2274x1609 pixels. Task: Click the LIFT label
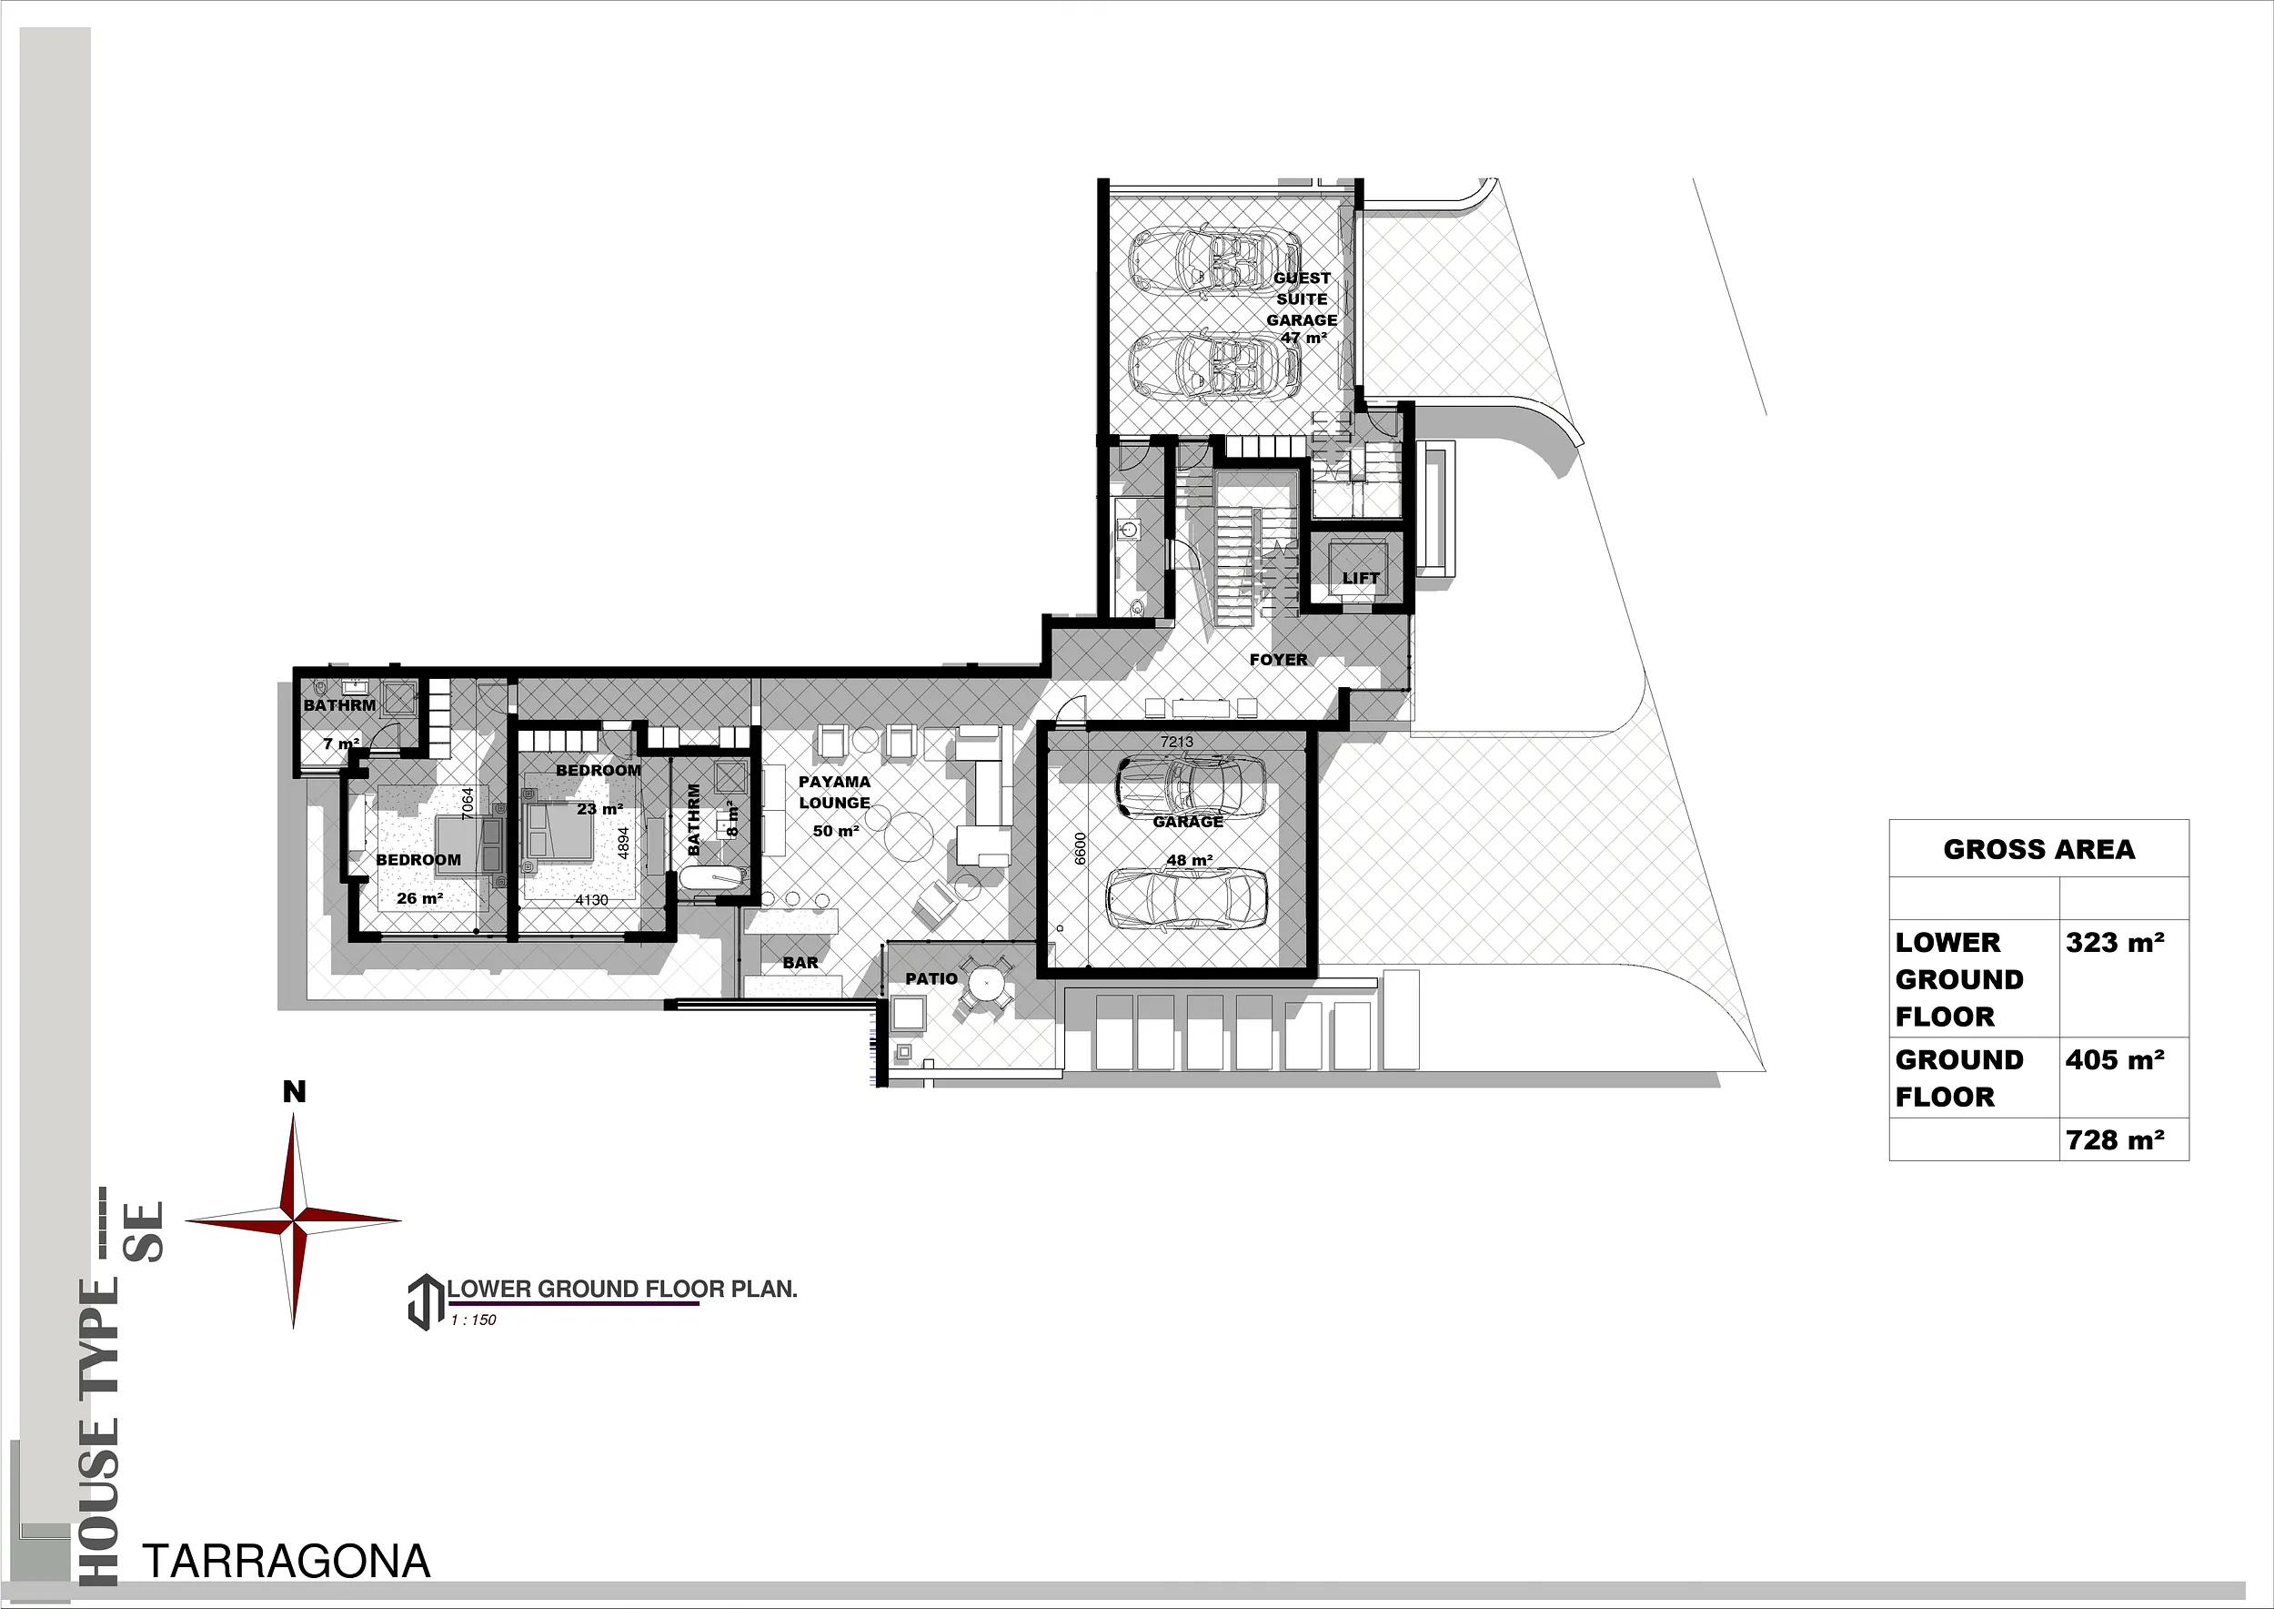pos(1361,578)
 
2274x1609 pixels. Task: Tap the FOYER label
pos(1279,659)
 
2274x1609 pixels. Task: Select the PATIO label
pos(931,978)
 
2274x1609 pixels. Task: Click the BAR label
pos(800,962)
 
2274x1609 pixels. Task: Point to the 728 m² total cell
pos(2115,1140)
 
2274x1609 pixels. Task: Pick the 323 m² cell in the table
pos(2115,942)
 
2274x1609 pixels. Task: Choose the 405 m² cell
pos(2115,1060)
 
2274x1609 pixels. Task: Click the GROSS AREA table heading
pos(2039,849)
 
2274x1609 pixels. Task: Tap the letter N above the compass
pos(294,1092)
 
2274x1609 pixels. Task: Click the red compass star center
pos(294,1221)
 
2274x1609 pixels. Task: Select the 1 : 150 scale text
pos(473,1320)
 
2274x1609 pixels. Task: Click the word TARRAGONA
pos(287,1562)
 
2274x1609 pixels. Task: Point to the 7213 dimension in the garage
pos(1177,741)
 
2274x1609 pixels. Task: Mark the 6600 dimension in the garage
pos(1081,848)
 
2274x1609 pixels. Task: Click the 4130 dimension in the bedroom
pos(591,900)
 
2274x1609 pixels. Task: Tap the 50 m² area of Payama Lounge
pos(835,831)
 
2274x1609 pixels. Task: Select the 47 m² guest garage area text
pos(1303,338)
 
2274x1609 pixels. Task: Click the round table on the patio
pos(985,985)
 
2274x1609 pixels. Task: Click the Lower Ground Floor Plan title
pos(622,1289)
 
